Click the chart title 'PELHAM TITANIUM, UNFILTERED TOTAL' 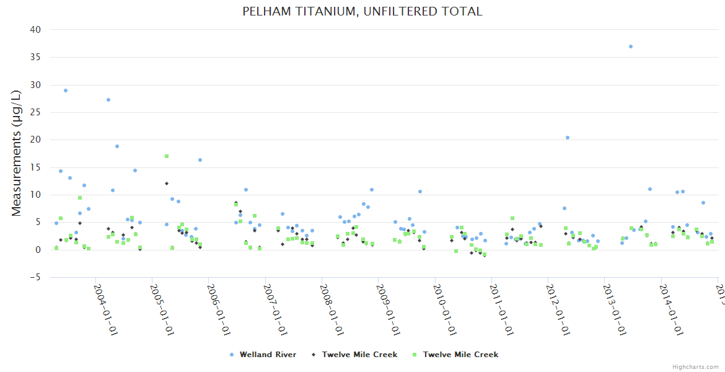[x=362, y=11]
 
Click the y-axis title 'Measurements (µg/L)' [x=17, y=153]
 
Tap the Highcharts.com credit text [x=696, y=366]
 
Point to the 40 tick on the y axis [x=35, y=30]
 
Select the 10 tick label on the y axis [x=35, y=195]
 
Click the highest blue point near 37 [x=631, y=46]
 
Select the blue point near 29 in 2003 [x=66, y=91]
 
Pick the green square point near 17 [x=167, y=156]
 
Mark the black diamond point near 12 [x=167, y=184]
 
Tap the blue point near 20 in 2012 [x=568, y=138]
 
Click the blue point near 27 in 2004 [x=108, y=100]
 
